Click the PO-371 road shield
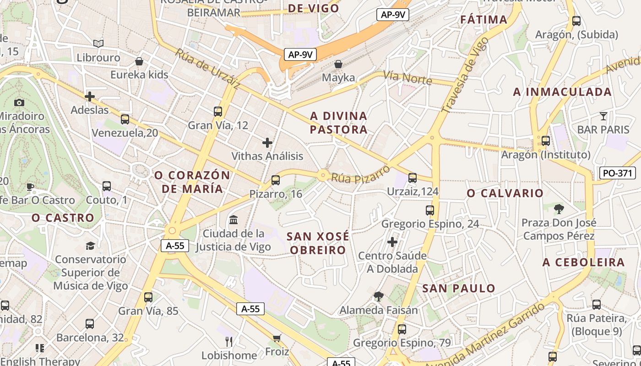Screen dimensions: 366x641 (618, 173)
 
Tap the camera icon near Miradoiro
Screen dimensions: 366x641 (19, 102)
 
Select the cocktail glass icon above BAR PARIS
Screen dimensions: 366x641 (603, 116)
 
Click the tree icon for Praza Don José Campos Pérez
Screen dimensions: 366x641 (559, 209)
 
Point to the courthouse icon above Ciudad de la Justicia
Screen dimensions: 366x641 (234, 220)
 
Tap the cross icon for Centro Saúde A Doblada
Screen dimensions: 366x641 (392, 242)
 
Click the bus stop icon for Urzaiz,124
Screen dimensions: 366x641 (413, 178)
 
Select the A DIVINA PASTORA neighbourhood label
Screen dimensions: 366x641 (338, 123)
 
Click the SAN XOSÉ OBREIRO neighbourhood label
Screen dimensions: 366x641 (318, 243)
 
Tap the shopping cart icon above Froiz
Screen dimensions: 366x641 (277, 338)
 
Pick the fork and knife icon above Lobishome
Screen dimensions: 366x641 (229, 341)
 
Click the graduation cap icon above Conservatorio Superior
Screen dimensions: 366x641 (90, 246)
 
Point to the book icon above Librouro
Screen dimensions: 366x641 (98, 43)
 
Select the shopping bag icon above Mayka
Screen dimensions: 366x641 (338, 64)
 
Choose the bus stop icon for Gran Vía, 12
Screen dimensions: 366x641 (218, 111)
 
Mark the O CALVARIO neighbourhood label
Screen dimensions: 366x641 (505, 193)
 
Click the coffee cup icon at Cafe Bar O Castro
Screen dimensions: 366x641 (30, 186)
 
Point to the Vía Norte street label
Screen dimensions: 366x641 (407, 78)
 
